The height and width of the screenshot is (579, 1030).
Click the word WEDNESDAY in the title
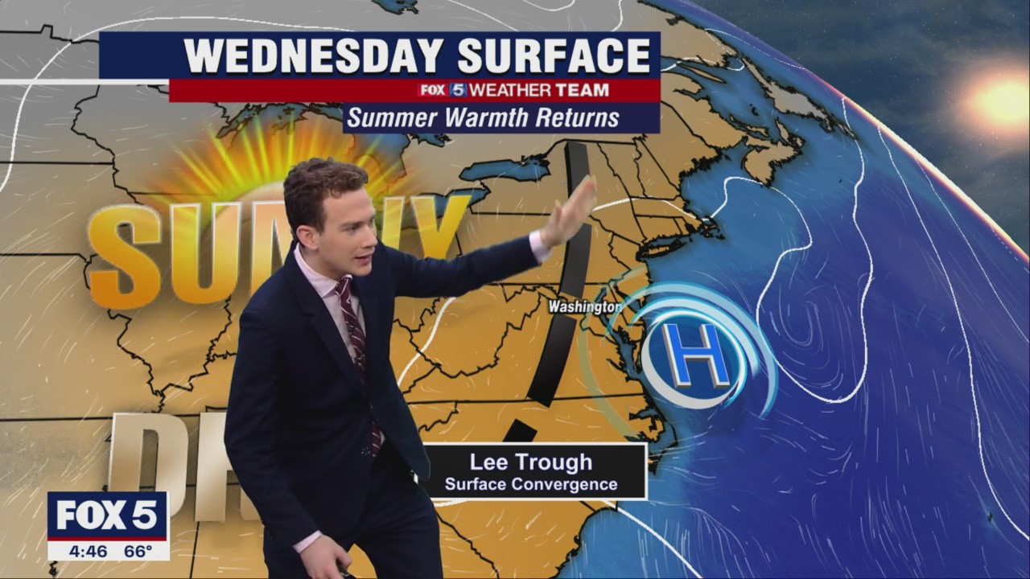(x=314, y=56)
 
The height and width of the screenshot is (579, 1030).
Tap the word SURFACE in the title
(x=554, y=56)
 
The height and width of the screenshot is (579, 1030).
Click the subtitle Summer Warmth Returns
(x=484, y=118)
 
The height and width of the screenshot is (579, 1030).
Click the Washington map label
(x=584, y=307)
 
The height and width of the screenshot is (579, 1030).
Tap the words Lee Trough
(x=530, y=462)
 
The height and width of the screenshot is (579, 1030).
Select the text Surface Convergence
(x=531, y=484)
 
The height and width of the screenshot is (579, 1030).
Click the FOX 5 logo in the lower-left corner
(x=107, y=515)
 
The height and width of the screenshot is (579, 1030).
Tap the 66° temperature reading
(x=138, y=552)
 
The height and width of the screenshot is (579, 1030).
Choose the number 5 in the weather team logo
(x=457, y=90)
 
